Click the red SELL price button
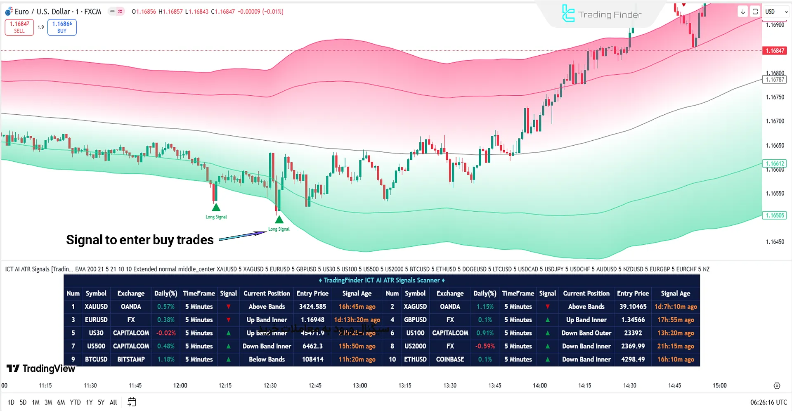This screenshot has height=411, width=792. coord(19,27)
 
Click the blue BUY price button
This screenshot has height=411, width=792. coord(62,27)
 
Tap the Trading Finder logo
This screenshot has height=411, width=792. coord(602,14)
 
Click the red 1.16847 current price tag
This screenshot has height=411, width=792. coord(775,51)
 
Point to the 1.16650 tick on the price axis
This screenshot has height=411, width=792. coord(775,146)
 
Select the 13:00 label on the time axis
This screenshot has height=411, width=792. coord(360,385)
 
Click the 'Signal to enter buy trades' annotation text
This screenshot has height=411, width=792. coord(140,240)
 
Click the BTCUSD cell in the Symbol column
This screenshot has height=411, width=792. coord(96,359)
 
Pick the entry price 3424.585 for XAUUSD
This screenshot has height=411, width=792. coord(312,307)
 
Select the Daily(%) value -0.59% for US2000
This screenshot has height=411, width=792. coord(485,346)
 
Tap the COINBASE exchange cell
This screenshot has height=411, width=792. coord(450,359)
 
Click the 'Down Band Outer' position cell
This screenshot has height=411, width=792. coord(586,333)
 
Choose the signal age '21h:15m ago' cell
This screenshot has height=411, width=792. coord(675,346)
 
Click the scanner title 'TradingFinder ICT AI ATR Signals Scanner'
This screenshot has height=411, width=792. coord(382,280)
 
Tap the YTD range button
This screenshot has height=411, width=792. coord(75,402)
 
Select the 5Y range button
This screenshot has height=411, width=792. coord(101,402)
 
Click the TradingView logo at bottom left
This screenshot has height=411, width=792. coord(41,368)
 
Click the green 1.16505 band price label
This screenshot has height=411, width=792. coord(775,215)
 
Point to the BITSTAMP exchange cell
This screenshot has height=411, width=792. coord(131,359)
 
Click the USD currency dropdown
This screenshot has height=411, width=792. coord(776,12)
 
